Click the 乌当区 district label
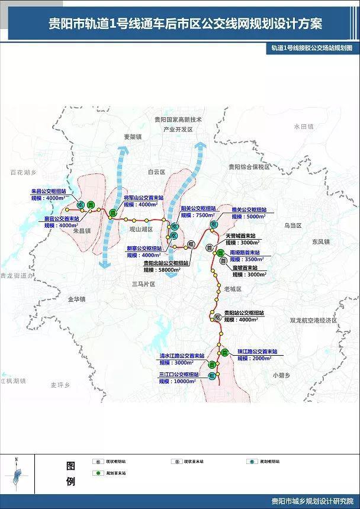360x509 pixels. pos(292,225)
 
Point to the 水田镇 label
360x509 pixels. pos(302,127)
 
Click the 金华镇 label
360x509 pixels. pos(76,299)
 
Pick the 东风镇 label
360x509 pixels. pos(319,241)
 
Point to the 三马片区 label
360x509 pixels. pos(143,284)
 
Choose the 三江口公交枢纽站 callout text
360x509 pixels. pos(176,375)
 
